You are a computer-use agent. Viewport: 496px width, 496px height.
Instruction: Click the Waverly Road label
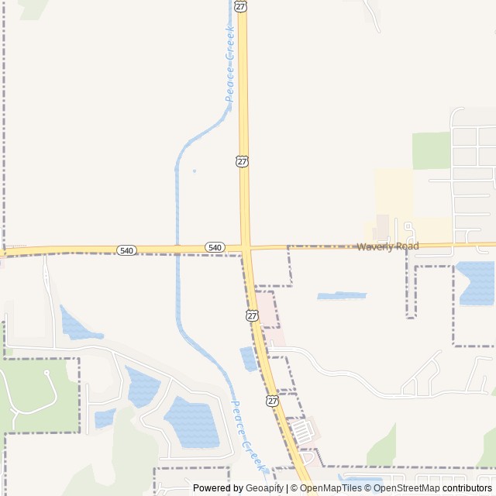pyautogui.click(x=387, y=246)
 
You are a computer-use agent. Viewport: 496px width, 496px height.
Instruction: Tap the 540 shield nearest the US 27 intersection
pyautogui.click(x=215, y=247)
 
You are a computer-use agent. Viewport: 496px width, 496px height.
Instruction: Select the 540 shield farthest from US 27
pyautogui.click(x=127, y=250)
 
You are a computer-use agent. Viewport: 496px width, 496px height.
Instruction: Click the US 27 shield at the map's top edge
pyautogui.click(x=242, y=5)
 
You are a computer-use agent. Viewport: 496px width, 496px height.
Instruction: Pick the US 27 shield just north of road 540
pyautogui.click(x=243, y=161)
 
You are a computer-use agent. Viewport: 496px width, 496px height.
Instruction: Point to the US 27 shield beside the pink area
pyautogui.click(x=253, y=315)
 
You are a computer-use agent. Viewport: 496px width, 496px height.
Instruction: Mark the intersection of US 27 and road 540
pyautogui.click(x=246, y=248)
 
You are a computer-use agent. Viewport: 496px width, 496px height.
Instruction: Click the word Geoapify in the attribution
pyautogui.click(x=265, y=488)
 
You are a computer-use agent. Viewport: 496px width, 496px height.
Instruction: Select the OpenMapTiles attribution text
pyautogui.click(x=330, y=488)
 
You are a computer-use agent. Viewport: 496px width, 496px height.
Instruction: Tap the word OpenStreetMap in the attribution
pyautogui.click(x=408, y=488)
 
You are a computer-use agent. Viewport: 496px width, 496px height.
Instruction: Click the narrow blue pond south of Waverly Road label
pyautogui.click(x=341, y=296)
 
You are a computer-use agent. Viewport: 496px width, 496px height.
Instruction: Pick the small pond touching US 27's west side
pyautogui.click(x=248, y=358)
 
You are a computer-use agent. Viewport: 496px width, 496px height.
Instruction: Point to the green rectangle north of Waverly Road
pyautogui.click(x=431, y=150)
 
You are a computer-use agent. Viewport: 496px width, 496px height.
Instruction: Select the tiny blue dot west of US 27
pyautogui.click(x=194, y=170)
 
